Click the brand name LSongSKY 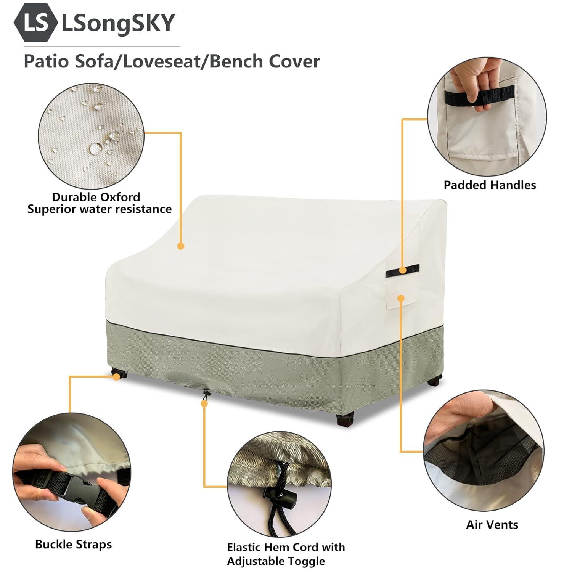point(118,23)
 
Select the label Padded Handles point(490,185)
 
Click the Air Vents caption point(492,525)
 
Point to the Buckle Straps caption point(74,544)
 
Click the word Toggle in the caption point(305,561)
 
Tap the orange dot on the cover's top point(181,246)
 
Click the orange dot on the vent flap point(400,298)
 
